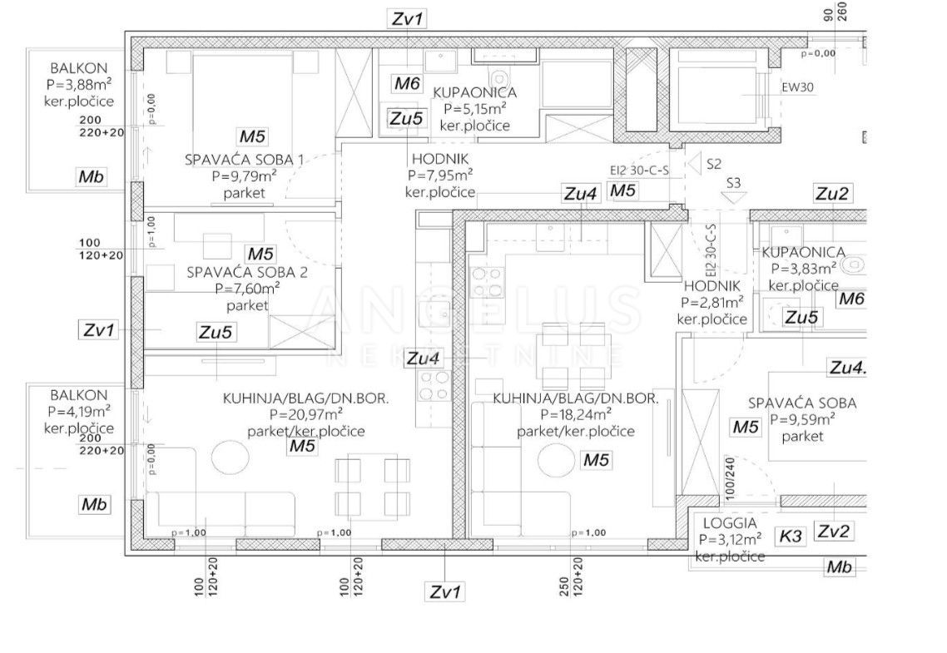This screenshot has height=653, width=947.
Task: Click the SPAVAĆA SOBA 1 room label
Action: click(x=232, y=159)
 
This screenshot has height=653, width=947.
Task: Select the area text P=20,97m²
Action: click(x=305, y=414)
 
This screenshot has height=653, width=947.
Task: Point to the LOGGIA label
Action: click(x=730, y=523)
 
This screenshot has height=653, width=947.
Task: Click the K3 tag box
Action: click(x=791, y=537)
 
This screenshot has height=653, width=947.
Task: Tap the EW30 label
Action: click(x=796, y=85)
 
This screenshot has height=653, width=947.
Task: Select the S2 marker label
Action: click(x=713, y=164)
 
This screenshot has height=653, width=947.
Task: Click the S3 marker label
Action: click(x=734, y=182)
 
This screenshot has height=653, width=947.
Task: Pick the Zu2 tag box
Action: click(x=831, y=194)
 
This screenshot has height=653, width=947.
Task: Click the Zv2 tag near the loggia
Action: click(x=833, y=532)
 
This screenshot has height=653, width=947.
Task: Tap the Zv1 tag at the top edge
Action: click(x=408, y=18)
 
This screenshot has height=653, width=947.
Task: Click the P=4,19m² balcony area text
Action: click(x=80, y=411)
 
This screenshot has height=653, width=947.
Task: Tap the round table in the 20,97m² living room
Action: click(x=230, y=457)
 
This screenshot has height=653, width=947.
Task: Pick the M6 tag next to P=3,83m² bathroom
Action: click(x=850, y=299)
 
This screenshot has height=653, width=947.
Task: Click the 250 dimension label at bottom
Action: click(x=564, y=586)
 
